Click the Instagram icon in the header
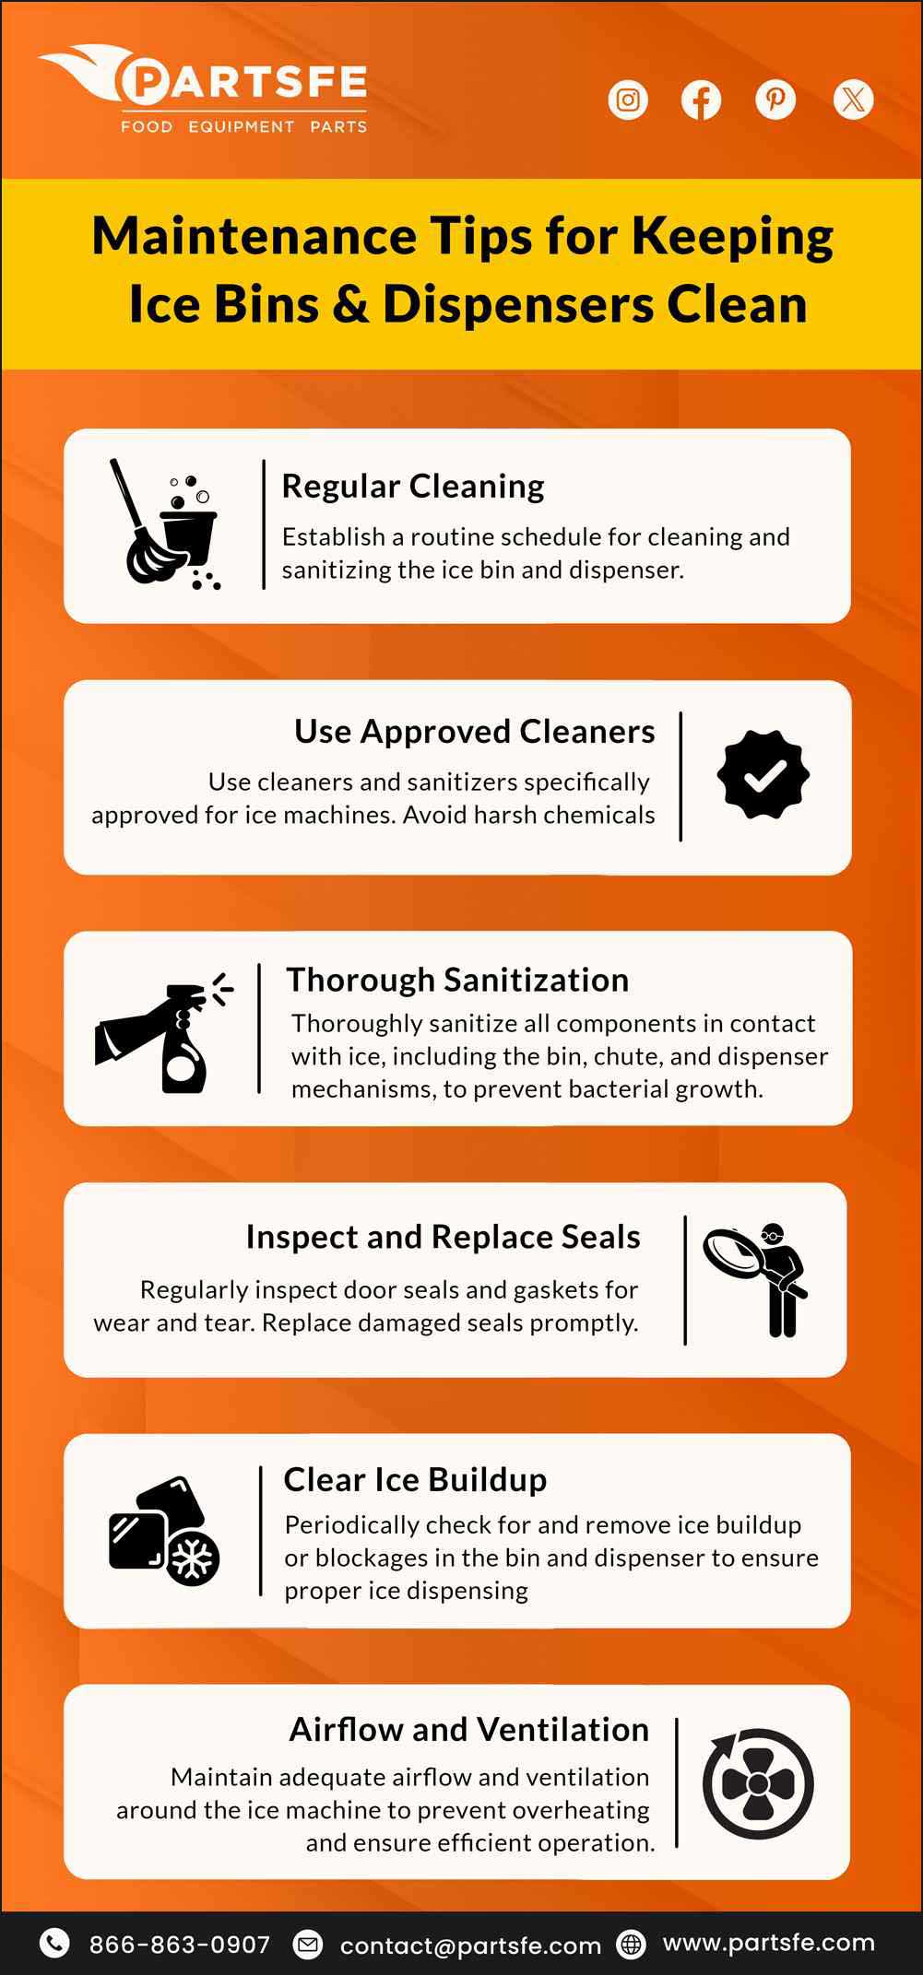pos(628,100)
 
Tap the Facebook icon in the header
pos(701,100)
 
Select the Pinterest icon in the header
pos(775,100)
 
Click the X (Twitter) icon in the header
pos(853,100)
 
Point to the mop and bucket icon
pos(171,525)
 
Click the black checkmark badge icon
pos(763,775)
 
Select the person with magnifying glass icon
pos(758,1279)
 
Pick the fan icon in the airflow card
pos(758,1783)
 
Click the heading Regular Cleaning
pos(413,486)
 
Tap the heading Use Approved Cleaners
pos(474,731)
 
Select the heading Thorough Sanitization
pos(457,980)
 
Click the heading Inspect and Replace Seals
pos(443,1237)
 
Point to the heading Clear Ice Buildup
pos(415,1479)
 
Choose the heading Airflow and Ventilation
pos(468,1729)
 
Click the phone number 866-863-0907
pos(179,1945)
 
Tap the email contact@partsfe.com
pos(470,1946)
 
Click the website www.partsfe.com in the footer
pos(768,1943)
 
